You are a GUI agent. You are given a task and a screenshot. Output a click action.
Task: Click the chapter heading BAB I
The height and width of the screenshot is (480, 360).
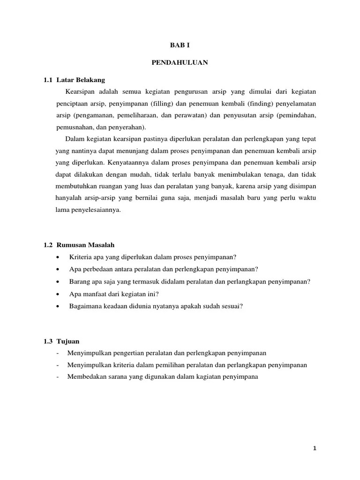[x=180, y=45]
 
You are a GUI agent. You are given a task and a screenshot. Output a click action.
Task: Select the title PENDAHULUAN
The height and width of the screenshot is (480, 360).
[x=180, y=62]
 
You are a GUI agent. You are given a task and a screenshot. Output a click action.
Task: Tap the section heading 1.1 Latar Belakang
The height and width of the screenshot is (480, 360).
[x=75, y=80]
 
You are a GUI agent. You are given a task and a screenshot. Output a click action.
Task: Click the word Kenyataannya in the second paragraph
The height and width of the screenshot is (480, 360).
[x=127, y=164]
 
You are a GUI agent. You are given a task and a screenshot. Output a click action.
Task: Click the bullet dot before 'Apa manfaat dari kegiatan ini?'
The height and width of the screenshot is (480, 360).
[x=58, y=294]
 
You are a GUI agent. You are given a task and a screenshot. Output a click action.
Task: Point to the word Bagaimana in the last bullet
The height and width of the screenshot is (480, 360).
[x=84, y=306]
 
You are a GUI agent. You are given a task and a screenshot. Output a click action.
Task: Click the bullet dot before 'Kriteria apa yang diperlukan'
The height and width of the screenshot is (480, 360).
[x=58, y=257]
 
